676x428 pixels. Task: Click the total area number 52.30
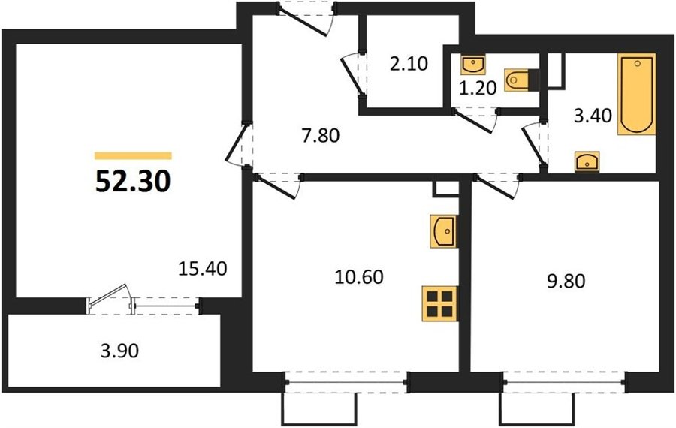coord(133,182)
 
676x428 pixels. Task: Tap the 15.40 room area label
coord(203,269)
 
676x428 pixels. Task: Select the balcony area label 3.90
coord(119,351)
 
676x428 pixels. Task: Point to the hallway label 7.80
coord(321,135)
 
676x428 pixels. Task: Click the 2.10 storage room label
coord(409,63)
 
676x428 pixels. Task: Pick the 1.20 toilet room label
coord(478,88)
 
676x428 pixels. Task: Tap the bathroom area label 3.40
coord(593,116)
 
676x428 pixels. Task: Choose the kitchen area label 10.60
coord(359,276)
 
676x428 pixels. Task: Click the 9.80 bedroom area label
coord(566,282)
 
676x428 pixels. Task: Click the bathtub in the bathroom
coord(637,94)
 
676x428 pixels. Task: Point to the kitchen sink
coord(444,231)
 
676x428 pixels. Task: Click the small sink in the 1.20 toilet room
coord(473,65)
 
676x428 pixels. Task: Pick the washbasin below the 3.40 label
coord(587,162)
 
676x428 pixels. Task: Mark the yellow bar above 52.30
coord(133,156)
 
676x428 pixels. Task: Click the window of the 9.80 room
coord(565,381)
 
